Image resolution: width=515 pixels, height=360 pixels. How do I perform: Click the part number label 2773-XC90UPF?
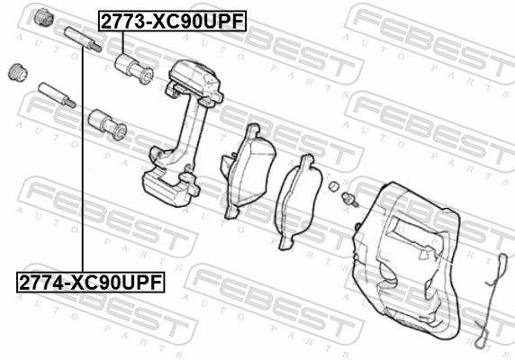[x=173, y=21]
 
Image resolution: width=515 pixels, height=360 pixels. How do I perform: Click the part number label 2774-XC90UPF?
[x=91, y=282]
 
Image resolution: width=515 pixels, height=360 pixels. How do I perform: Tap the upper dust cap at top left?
[x=44, y=17]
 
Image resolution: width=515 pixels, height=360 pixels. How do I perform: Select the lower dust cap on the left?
[x=18, y=72]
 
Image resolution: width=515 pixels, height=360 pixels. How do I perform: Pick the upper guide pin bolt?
[x=83, y=40]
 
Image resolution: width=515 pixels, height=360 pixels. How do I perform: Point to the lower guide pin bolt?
[x=57, y=94]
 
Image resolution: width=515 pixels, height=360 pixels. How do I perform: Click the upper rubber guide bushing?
[x=134, y=68]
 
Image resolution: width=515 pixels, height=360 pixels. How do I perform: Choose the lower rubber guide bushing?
[x=107, y=124]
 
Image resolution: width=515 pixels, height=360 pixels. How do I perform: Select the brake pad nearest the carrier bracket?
[x=248, y=171]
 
